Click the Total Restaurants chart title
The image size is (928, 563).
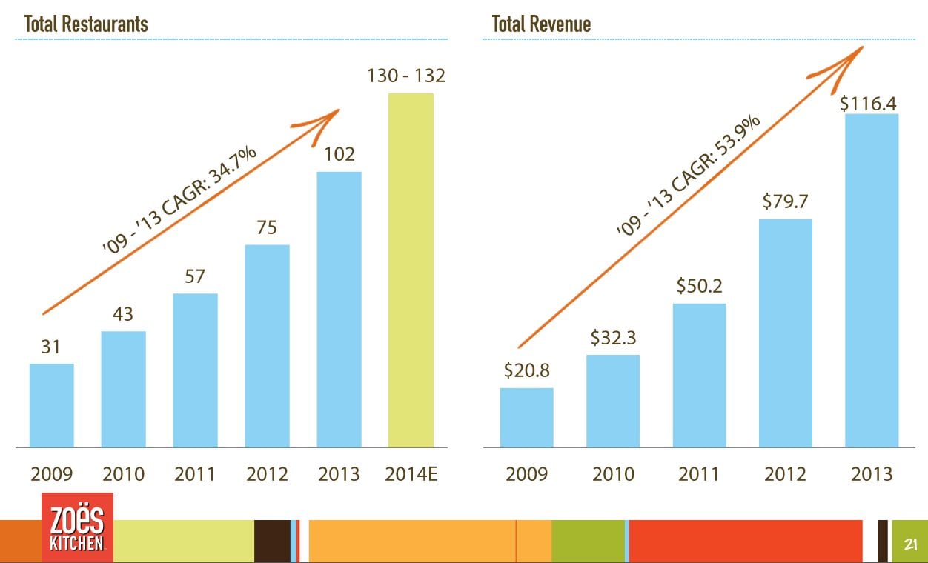point(86,24)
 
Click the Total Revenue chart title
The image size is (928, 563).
point(541,24)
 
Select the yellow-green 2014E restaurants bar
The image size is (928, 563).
point(411,270)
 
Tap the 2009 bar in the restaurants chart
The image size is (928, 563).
point(51,405)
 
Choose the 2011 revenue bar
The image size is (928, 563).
point(699,375)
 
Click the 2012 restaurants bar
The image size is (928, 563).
point(267,346)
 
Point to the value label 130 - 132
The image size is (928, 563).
point(406,76)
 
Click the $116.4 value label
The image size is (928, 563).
point(868,103)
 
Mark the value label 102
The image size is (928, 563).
point(339,154)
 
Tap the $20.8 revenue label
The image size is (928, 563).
point(526,370)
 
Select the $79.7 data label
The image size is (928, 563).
point(784,201)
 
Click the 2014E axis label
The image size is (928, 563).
point(411,474)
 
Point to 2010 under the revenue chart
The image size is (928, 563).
point(613,474)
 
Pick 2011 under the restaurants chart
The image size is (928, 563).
point(195,474)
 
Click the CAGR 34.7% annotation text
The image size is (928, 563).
point(180,201)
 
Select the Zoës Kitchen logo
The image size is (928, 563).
point(77,527)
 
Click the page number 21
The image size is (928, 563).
point(910,546)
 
